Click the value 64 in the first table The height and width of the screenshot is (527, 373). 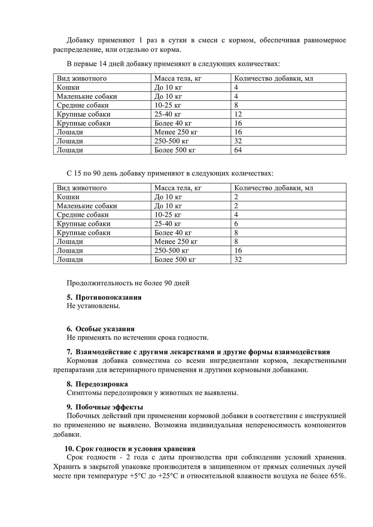click(x=238, y=150)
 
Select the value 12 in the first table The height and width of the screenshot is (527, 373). click(x=238, y=114)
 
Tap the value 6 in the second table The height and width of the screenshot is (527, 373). click(x=236, y=224)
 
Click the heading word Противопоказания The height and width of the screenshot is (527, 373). click(x=109, y=297)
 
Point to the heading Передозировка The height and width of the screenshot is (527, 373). click(x=101, y=384)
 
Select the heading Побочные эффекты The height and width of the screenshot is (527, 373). click(x=109, y=407)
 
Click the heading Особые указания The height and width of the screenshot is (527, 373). click(x=105, y=329)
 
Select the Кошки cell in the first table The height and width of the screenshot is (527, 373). click(x=68, y=87)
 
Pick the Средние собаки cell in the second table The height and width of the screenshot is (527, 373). click(x=83, y=215)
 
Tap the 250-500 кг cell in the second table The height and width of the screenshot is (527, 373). click(x=171, y=250)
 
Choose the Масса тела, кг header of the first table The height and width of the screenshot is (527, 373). click(x=178, y=78)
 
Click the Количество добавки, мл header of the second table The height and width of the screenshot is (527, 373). click(x=274, y=188)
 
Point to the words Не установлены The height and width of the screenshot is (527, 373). click(x=93, y=306)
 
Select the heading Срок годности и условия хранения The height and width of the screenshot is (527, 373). click(x=136, y=449)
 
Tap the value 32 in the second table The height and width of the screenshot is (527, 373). click(x=238, y=259)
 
